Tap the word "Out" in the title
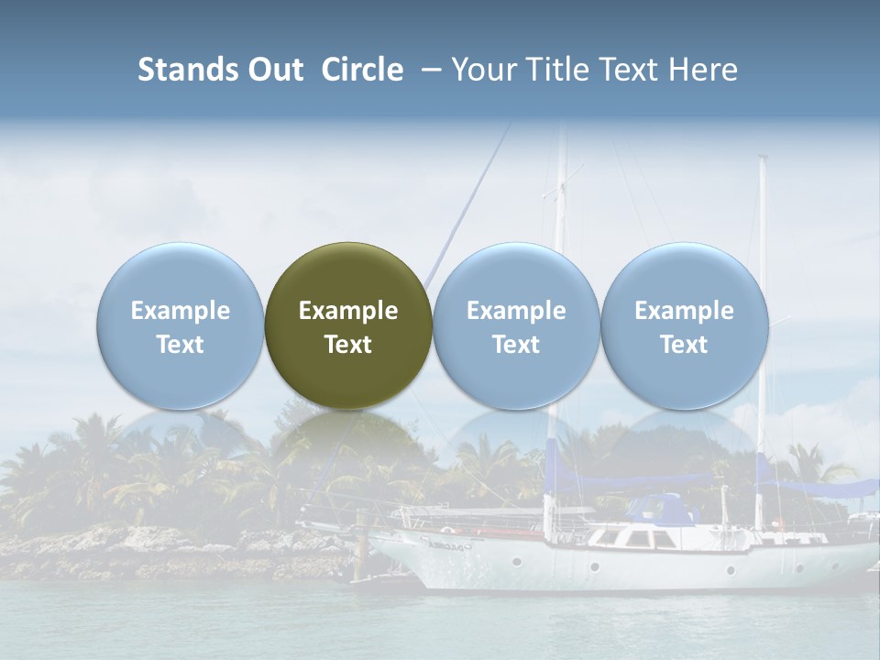273,70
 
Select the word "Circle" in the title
362,70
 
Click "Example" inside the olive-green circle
348,311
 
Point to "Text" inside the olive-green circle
348,345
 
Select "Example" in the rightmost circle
685,311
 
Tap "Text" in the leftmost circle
180,345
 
